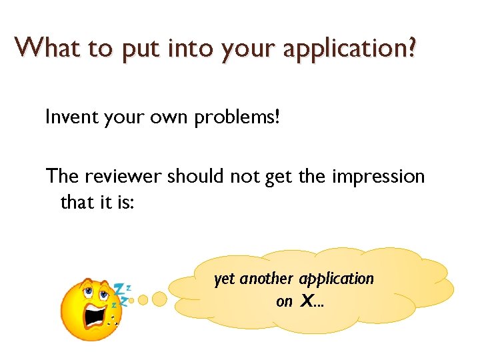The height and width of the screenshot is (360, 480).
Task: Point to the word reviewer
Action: [x=123, y=176]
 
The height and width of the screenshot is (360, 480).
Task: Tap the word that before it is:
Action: [x=77, y=201]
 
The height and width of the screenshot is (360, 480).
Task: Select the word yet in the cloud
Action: [x=225, y=278]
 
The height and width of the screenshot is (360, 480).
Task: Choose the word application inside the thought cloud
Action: [x=337, y=278]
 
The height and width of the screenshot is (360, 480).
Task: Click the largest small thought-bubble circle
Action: [x=159, y=299]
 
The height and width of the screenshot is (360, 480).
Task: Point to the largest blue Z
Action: [x=120, y=289]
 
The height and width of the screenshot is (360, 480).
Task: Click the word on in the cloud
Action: [x=284, y=301]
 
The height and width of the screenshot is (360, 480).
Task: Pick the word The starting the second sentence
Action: [x=62, y=176]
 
